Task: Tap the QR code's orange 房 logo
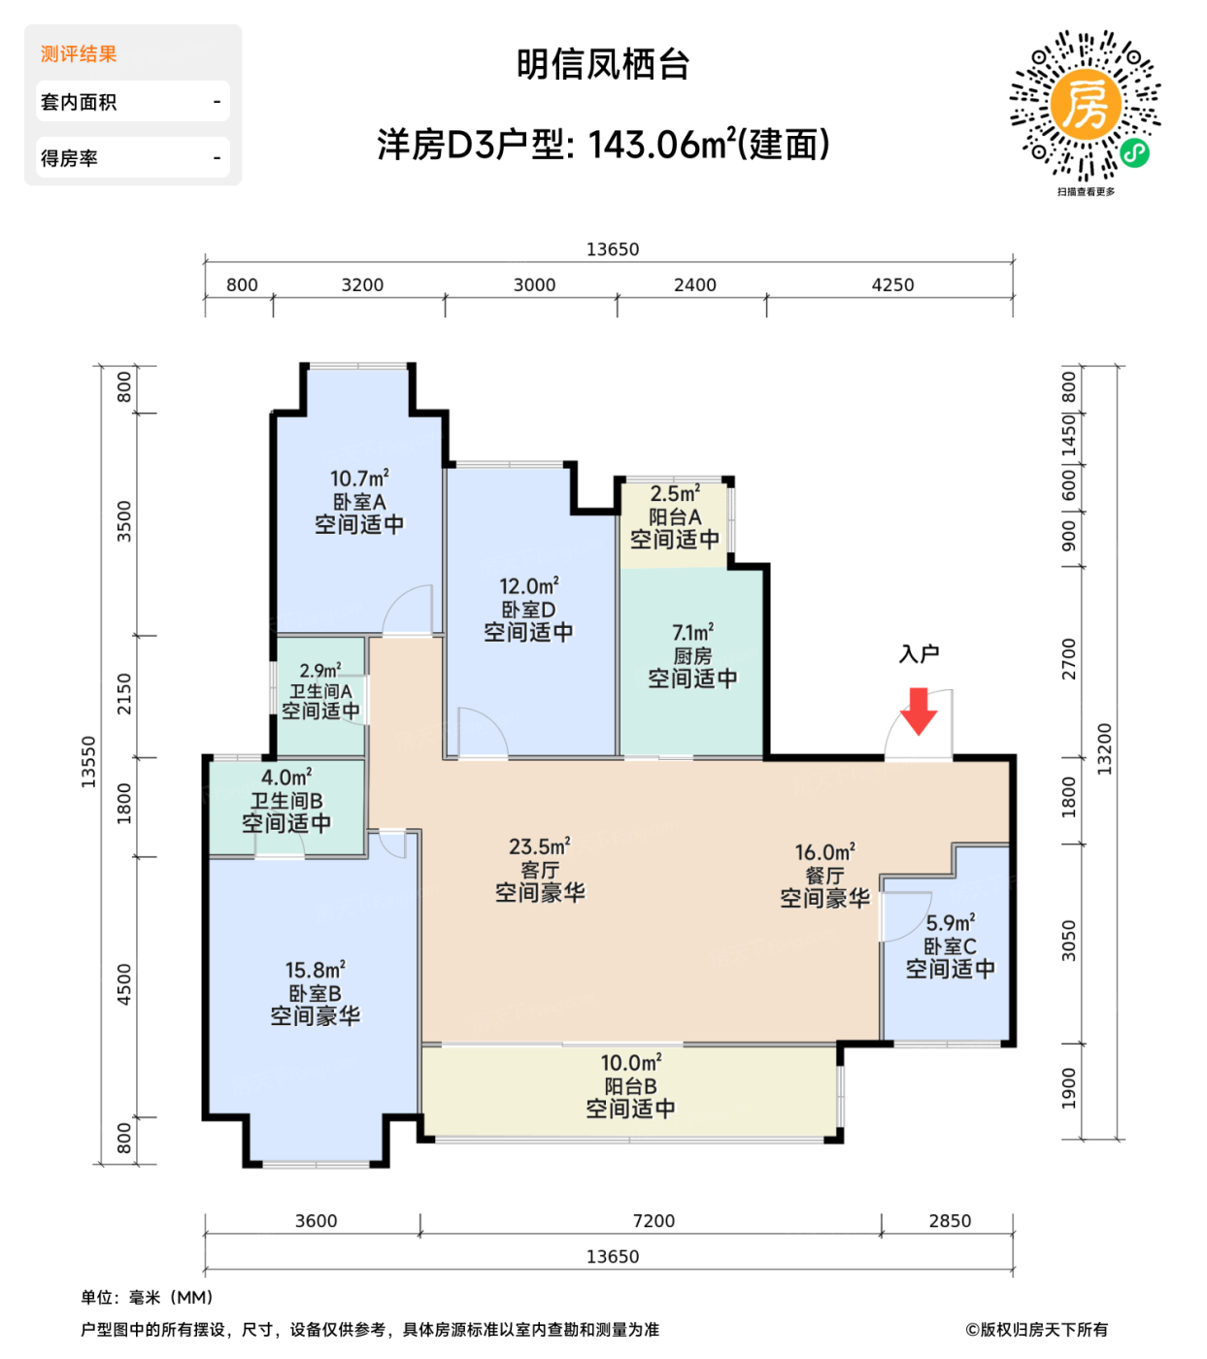coord(1085,104)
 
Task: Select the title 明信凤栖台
coord(603,65)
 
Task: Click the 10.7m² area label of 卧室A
coord(359,479)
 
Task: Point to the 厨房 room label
coord(692,656)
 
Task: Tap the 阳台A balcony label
coord(675,517)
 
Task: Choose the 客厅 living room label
coord(540,870)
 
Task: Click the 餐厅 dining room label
coord(824,876)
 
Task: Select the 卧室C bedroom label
coord(950,946)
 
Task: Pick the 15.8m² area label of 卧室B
coord(315,970)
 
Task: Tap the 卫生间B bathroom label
coord(286,801)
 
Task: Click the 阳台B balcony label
coord(630,1086)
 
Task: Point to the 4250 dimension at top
coord(892,285)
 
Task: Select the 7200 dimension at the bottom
coord(653,1221)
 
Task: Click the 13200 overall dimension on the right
coord(1105,748)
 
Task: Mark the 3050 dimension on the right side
coord(1069,941)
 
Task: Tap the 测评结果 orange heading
coord(79,54)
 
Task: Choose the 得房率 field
coord(69,158)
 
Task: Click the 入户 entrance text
coord(919,654)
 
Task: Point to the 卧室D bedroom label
coord(528,610)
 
